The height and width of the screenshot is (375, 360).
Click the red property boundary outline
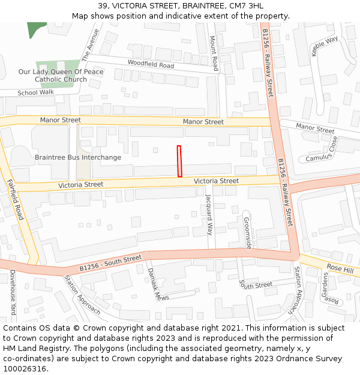(x=179, y=161)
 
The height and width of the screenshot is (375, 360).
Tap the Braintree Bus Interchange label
(x=78, y=157)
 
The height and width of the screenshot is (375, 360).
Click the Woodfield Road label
(x=151, y=64)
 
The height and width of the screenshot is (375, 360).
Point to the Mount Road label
(x=213, y=53)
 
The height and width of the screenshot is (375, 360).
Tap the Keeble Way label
(x=324, y=47)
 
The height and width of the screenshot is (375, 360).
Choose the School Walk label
(x=35, y=92)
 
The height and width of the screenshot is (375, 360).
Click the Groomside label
(x=247, y=232)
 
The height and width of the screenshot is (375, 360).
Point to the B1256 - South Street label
(x=110, y=263)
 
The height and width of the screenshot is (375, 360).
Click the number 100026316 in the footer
(x=25, y=368)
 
